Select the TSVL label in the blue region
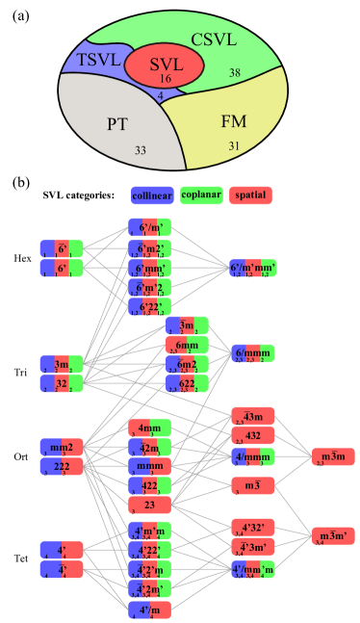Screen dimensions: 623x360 (98, 60)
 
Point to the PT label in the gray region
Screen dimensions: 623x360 (117, 123)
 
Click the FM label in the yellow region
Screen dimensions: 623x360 (234, 121)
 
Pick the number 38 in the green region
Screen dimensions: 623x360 (235, 73)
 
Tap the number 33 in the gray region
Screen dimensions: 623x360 (140, 150)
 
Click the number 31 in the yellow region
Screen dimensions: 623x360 (234, 145)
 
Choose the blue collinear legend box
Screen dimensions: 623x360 (152, 195)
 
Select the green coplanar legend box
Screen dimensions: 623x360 (201, 195)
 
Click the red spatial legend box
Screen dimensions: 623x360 (250, 195)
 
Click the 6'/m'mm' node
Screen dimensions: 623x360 (252, 267)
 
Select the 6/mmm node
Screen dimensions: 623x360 (252, 353)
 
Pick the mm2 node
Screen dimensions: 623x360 (62, 447)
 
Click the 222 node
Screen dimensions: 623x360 (62, 466)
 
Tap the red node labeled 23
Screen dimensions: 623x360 (149, 505)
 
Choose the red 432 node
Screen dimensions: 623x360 (252, 435)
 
